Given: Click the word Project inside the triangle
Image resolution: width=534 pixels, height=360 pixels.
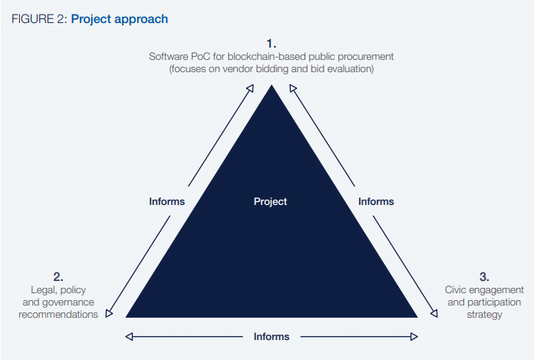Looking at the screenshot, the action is tap(270, 202).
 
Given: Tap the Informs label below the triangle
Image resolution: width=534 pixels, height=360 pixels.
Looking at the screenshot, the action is tap(272, 336).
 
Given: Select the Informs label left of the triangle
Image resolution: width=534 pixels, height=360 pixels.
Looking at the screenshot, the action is tap(167, 201).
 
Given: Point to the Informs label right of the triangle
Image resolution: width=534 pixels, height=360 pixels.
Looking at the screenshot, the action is tap(376, 201).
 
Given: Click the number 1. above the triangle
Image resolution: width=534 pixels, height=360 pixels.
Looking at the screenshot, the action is tap(272, 44).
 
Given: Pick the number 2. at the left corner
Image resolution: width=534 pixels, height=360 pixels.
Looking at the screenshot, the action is tap(58, 276).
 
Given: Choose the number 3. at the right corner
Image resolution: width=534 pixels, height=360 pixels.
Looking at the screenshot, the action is tap(484, 276).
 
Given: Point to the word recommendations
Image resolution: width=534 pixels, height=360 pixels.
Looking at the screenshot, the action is tap(58, 315).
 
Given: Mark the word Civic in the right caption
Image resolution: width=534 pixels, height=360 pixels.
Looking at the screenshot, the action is tap(455, 290).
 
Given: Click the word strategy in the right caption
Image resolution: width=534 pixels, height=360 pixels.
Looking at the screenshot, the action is tap(484, 315).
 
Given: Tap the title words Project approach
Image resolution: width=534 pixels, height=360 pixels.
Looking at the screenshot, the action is tap(120, 19).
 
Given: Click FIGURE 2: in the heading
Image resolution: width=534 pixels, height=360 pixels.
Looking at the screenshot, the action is tap(39, 19).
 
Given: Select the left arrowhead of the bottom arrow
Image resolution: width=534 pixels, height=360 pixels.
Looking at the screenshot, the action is tap(129, 337).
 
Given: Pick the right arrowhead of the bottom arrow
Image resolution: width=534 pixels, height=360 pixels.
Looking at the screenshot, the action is tap(414, 337).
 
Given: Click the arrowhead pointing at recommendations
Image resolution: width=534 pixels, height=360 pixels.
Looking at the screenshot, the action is tap(109, 313).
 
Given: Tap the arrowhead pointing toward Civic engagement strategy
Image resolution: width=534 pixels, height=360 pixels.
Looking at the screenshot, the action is tap(434, 313).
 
